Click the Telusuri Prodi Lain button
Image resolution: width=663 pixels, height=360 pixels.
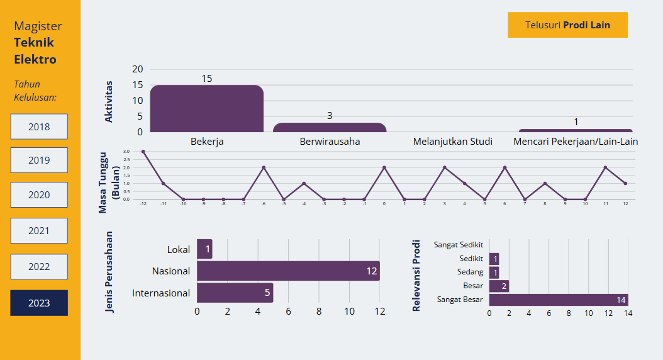tap(567, 25)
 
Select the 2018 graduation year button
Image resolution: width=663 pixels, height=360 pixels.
tap(39, 127)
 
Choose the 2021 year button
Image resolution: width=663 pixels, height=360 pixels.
tap(39, 231)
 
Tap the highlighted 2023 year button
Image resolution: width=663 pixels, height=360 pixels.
tap(39, 303)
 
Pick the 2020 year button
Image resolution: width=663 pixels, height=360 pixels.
tap(39, 195)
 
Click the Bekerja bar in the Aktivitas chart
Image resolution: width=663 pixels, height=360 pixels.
tap(206, 109)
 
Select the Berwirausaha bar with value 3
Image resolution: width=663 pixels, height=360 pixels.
tap(329, 127)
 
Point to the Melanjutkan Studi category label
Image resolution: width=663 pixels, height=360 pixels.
tap(452, 141)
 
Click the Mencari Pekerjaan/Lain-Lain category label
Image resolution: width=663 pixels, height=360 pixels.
tap(576, 141)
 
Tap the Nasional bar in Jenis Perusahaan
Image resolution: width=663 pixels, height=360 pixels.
tap(288, 271)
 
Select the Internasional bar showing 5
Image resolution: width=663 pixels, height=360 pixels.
tap(235, 293)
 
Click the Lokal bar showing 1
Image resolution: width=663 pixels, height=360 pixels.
tap(204, 249)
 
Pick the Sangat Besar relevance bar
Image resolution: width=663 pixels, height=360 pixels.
tap(558, 300)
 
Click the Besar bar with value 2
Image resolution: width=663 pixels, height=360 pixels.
tap(499, 286)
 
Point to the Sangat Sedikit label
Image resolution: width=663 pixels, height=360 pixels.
tap(459, 244)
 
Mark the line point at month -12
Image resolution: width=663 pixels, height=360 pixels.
tap(143, 152)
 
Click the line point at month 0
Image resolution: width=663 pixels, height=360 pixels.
tap(384, 167)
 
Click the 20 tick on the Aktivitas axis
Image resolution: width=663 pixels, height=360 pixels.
tap(137, 69)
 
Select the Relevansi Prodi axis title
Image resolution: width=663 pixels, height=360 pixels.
tap(416, 275)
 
